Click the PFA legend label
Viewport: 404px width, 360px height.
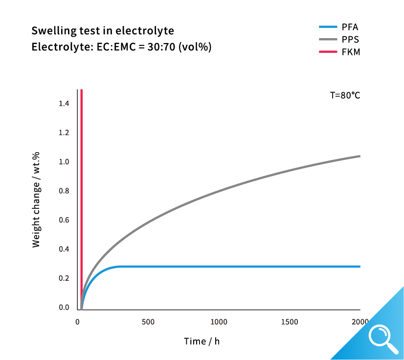tap(351, 27)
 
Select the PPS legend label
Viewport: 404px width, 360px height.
tap(351, 39)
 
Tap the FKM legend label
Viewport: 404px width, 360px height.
tap(351, 52)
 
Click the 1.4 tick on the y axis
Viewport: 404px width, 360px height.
tap(64, 104)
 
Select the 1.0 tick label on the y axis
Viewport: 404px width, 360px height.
tap(64, 162)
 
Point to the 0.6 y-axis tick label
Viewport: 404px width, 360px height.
tap(64, 220)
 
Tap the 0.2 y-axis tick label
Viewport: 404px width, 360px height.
tap(64, 278)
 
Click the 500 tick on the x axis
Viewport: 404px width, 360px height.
tap(148, 322)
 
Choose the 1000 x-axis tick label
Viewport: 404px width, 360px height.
tap(219, 322)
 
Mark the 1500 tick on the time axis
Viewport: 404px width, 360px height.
tap(290, 322)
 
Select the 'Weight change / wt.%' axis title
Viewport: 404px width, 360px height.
tap(36, 199)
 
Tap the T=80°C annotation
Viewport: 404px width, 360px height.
tap(345, 96)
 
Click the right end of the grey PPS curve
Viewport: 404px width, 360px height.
tap(359, 156)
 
